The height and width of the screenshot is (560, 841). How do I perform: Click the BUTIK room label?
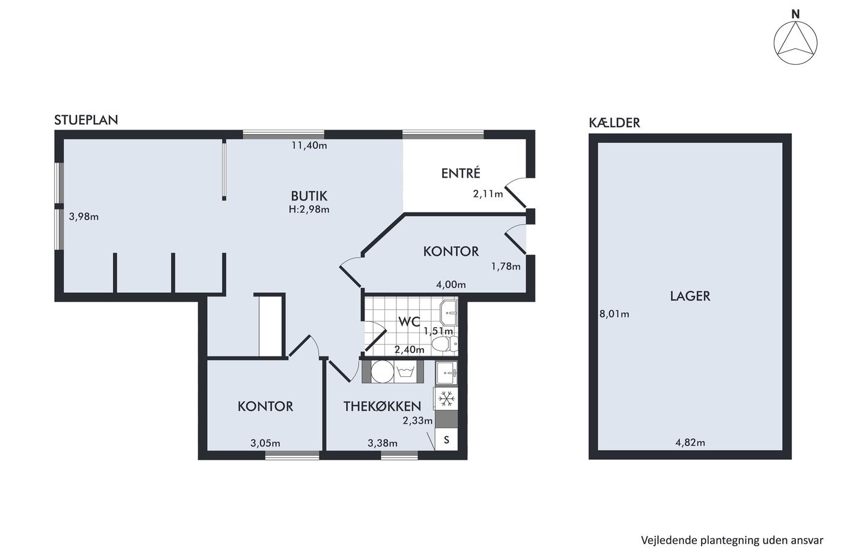309,196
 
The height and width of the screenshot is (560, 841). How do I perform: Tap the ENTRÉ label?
461,173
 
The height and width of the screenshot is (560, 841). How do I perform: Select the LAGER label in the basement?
690,296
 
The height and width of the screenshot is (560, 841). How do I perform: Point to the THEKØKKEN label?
382,406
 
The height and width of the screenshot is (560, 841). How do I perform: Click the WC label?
409,321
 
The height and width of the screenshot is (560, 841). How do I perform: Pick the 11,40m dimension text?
309,145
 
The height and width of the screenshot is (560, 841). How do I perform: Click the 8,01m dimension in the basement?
614,314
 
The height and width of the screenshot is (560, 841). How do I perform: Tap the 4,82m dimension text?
690,442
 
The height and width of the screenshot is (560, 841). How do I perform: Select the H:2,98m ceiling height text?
309,209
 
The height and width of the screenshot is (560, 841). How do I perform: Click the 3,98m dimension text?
83,217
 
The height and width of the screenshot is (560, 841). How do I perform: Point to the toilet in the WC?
445,343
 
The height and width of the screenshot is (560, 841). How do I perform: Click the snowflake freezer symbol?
446,398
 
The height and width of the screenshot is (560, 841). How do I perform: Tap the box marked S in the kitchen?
446,439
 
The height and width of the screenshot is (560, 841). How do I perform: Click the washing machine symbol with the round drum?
383,372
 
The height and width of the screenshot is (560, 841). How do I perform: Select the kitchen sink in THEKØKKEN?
446,373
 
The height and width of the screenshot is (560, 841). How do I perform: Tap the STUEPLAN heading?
86,119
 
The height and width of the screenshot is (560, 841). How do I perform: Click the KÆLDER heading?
614,122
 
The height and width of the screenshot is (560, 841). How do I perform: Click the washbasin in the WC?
449,313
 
